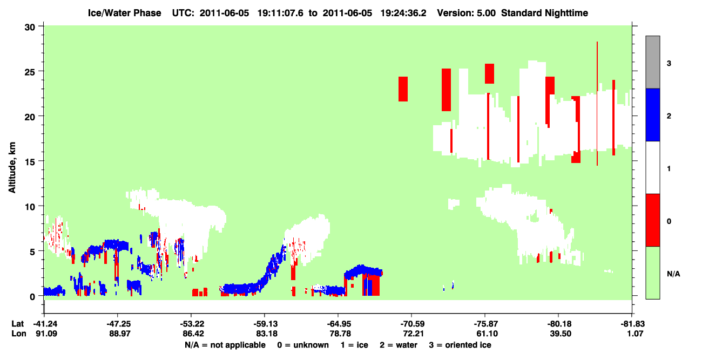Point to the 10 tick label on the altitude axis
(x=30, y=207)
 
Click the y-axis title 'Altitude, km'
(x=12, y=168)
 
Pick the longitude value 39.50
(x=561, y=334)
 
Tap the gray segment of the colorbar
(x=652, y=62)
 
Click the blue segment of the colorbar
(x=652, y=114)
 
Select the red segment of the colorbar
(x=652, y=220)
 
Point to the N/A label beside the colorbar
(x=673, y=274)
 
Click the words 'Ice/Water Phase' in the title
(x=124, y=13)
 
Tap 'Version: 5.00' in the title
(x=467, y=13)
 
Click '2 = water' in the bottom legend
(x=399, y=345)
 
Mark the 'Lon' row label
(x=19, y=334)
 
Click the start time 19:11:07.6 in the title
(x=280, y=13)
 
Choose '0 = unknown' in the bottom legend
(x=303, y=345)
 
